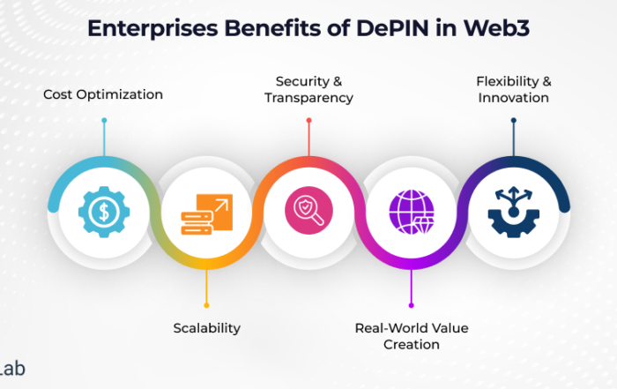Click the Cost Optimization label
pyautogui.click(x=103, y=94)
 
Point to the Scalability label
pyautogui.click(x=206, y=328)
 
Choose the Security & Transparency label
pyautogui.click(x=308, y=89)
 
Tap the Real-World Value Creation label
pyautogui.click(x=412, y=336)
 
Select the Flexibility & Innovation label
pyautogui.click(x=514, y=89)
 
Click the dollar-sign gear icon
pyautogui.click(x=103, y=210)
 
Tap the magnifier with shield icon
pyautogui.click(x=308, y=210)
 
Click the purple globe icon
pyautogui.click(x=412, y=212)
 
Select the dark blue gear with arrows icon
pyautogui.click(x=514, y=210)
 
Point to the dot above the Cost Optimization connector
pyautogui.click(x=103, y=120)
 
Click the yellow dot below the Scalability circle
pyautogui.click(x=206, y=298)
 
